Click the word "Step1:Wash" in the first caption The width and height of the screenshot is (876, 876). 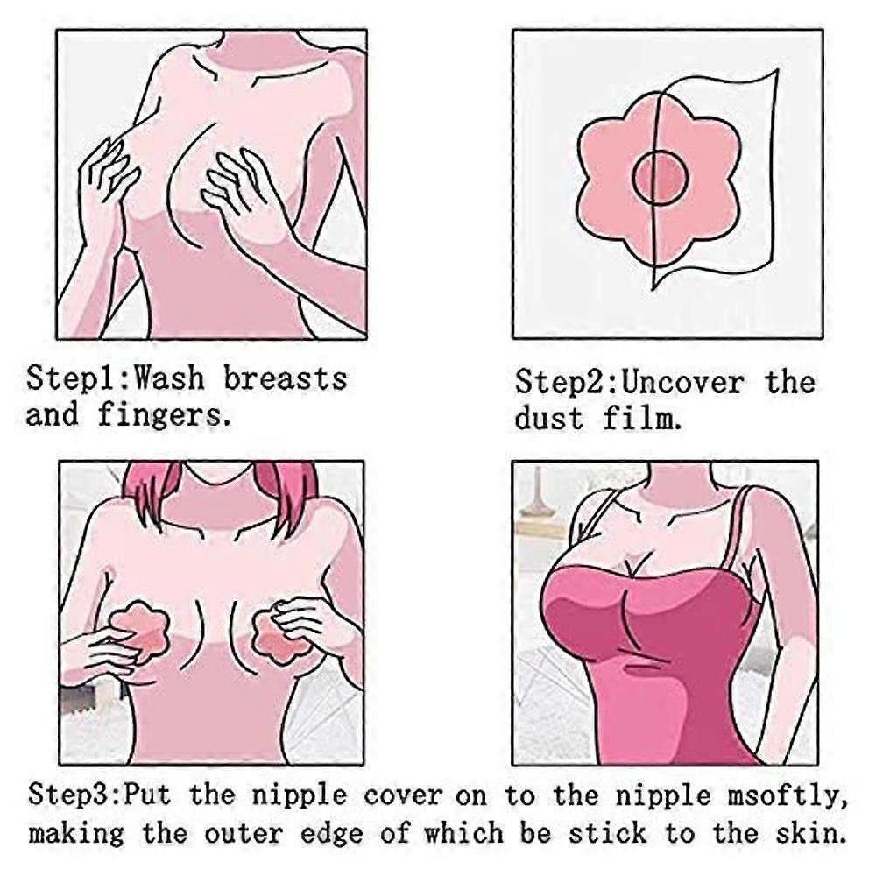(115, 378)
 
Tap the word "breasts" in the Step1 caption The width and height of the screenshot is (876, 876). (285, 378)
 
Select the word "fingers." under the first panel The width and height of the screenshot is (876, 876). (165, 415)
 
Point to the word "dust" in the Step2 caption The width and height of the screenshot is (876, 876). (549, 419)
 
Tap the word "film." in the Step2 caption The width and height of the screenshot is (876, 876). (642, 419)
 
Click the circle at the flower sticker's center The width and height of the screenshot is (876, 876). (660, 178)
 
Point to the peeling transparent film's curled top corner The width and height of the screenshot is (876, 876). (776, 71)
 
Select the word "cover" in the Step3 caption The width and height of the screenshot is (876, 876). (402, 795)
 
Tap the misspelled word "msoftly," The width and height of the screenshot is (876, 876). (788, 796)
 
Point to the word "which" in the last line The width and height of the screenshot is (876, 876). (463, 833)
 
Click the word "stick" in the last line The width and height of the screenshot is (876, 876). (608, 833)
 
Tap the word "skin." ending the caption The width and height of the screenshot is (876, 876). (809, 833)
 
